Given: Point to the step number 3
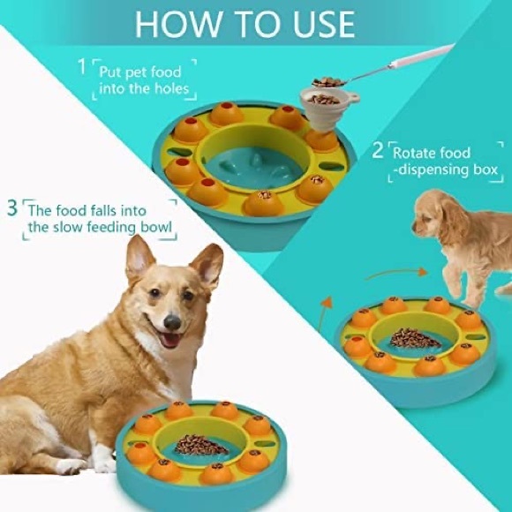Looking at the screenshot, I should point(11,209).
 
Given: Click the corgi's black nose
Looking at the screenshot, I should point(172,322).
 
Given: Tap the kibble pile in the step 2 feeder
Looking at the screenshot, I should point(415,338).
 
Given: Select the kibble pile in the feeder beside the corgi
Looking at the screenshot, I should point(201,444).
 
